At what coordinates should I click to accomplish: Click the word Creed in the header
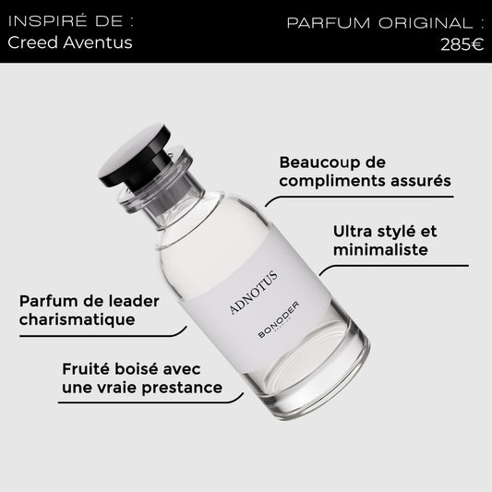[33, 42]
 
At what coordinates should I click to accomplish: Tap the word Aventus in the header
[98, 42]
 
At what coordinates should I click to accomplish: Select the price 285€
[462, 44]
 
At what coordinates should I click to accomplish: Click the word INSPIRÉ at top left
[47, 21]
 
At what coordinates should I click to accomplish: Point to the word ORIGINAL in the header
[426, 23]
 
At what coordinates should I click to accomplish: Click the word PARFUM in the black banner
[329, 23]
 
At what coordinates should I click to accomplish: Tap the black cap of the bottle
[135, 156]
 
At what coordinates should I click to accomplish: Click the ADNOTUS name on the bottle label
[253, 292]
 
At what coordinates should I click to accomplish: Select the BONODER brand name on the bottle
[279, 319]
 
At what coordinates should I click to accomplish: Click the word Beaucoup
[317, 162]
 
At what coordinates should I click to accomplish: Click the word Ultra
[353, 232]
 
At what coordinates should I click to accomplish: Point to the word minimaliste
[380, 250]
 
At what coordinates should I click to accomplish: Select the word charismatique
[78, 319]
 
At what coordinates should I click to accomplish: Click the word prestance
[182, 388]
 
